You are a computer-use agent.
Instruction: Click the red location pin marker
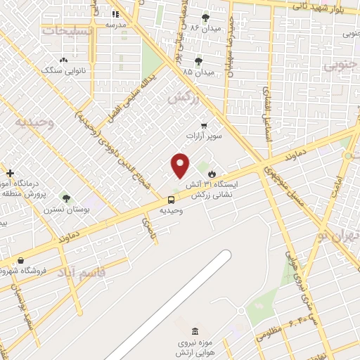click(181, 165)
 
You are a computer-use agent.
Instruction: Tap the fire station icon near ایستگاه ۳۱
click(211, 172)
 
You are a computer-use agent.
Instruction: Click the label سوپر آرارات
click(203, 134)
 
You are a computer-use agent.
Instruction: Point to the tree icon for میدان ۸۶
click(205, 18)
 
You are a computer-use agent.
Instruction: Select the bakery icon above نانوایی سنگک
click(64, 60)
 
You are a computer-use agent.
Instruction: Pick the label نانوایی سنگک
click(65, 71)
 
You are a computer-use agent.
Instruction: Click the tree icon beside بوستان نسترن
click(66, 199)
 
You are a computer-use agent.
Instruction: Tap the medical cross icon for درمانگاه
click(9, 173)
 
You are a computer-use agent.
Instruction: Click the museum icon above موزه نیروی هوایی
click(195, 331)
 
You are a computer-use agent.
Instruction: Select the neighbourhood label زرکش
click(184, 99)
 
